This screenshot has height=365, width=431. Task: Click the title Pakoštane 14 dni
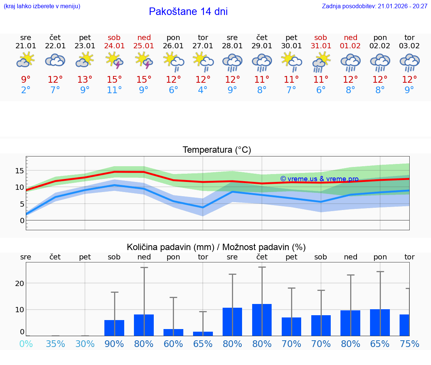tap(188, 12)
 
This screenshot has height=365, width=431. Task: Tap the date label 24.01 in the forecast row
tap(114, 46)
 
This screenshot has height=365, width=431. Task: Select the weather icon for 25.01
tap(144, 61)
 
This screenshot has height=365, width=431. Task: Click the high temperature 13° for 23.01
tap(85, 80)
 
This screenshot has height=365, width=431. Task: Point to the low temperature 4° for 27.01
tap(203, 90)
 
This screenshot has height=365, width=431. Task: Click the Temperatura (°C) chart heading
tap(217, 150)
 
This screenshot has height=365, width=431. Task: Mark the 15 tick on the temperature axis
tap(19, 171)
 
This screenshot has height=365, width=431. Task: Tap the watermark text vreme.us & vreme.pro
tap(320, 179)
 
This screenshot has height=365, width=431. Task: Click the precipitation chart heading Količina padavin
tap(216, 247)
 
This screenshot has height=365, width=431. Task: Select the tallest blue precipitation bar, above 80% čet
tap(262, 320)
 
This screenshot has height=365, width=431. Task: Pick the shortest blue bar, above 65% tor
tap(203, 334)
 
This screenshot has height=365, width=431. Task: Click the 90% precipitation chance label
tap(114, 344)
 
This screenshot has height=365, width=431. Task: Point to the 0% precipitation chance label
tap(26, 344)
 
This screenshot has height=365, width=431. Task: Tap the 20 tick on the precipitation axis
tap(19, 283)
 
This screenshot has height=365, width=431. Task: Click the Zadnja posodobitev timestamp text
tap(375, 6)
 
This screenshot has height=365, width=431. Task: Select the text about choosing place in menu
tap(42, 6)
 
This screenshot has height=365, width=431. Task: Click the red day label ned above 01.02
tap(351, 37)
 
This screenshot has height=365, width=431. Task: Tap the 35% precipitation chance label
tap(55, 344)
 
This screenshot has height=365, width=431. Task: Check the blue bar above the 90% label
tap(114, 328)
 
